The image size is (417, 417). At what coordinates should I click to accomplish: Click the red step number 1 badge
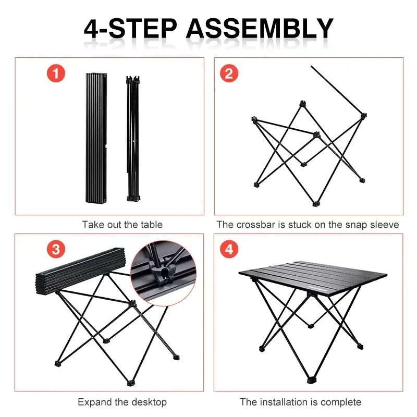coord(56,73)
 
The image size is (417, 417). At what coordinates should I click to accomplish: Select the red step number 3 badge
coord(56,249)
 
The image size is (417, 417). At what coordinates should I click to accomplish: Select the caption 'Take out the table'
coord(122,225)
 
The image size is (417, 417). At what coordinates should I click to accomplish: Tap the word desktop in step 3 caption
coord(149,402)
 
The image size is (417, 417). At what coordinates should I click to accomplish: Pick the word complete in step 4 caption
coord(342,402)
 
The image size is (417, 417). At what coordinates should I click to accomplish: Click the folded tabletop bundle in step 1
coord(95,138)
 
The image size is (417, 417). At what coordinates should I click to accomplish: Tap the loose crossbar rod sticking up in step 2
coord(336,89)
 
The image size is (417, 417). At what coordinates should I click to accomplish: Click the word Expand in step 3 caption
coord(94,402)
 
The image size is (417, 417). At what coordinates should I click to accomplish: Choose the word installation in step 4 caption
coord(281,402)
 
